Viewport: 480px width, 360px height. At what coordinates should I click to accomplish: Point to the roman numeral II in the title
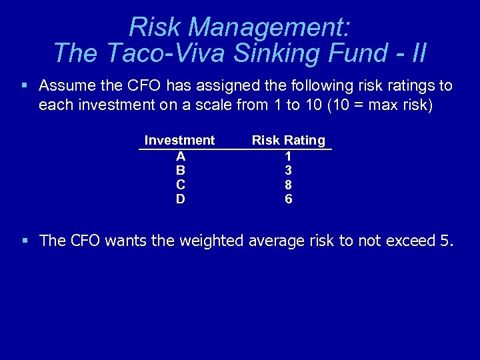click(x=417, y=53)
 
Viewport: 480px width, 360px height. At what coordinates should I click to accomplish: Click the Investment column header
click(x=179, y=140)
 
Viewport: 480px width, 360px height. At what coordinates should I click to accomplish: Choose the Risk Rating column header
click(x=288, y=140)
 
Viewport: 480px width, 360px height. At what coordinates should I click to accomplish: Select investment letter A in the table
click(x=180, y=155)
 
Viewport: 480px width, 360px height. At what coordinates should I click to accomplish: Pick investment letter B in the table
click(x=180, y=170)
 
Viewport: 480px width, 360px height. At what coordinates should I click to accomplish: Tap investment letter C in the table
click(x=180, y=185)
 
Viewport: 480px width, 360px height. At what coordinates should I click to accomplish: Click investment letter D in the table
click(x=180, y=199)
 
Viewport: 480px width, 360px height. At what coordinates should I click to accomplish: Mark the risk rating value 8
click(x=288, y=185)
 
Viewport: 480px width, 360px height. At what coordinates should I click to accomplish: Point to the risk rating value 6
click(x=288, y=199)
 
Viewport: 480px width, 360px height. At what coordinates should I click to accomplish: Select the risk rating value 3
click(x=288, y=170)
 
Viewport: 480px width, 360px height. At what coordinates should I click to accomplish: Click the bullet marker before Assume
click(x=24, y=86)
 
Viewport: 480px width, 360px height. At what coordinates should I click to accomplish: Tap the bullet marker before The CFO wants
click(x=24, y=241)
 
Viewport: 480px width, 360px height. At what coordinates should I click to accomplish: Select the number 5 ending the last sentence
click(x=445, y=241)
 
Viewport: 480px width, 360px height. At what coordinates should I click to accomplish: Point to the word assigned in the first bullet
click(x=195, y=86)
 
